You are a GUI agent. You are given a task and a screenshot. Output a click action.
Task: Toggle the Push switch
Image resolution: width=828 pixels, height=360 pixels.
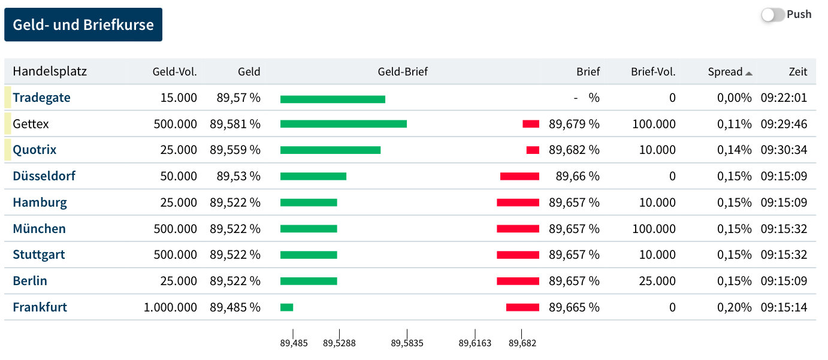773,15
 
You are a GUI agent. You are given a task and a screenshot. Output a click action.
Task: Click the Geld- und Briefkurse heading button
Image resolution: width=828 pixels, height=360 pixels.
83,25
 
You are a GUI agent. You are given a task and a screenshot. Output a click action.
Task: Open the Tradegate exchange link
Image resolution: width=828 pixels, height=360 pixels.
41,98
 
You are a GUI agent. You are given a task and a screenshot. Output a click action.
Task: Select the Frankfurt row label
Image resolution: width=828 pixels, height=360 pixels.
40,307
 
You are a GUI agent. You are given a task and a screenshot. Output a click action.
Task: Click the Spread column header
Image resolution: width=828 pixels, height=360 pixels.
725,72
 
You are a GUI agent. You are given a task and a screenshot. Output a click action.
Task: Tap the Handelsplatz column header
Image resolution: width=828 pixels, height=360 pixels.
50,72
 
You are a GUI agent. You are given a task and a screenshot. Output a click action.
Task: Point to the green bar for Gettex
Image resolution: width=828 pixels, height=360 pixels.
343,124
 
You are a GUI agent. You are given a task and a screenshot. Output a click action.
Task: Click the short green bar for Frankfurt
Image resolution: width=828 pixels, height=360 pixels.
286,307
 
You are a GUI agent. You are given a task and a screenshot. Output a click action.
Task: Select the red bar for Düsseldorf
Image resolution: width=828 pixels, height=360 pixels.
519,176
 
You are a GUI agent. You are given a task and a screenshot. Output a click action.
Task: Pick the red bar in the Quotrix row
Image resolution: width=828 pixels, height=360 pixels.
533,150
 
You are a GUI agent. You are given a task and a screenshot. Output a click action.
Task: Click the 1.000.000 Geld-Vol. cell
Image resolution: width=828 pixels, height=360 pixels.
170,307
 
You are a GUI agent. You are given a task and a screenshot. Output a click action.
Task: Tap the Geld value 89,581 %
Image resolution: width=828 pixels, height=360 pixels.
235,124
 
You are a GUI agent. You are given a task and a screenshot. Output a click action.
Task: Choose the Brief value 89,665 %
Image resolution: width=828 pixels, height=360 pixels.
574,307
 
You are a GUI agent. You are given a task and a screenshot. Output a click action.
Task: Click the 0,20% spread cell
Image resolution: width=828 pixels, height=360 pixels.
734,307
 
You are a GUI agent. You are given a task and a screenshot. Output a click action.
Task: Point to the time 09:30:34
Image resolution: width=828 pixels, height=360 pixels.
784,150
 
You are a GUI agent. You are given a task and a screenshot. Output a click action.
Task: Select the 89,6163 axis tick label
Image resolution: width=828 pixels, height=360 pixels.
475,343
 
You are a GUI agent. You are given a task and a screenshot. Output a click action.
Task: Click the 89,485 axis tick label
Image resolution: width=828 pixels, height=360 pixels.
294,343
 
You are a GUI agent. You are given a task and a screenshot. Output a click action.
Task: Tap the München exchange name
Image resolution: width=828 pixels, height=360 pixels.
39,229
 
